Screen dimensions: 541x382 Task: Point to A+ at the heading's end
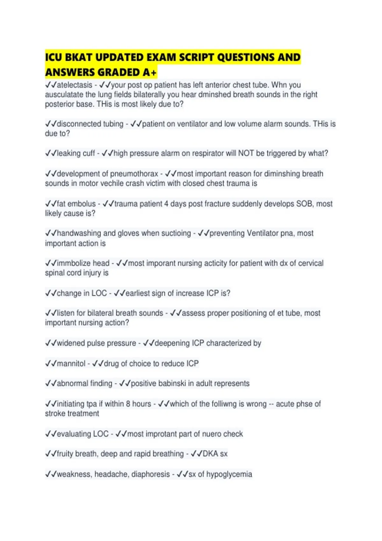click(149, 73)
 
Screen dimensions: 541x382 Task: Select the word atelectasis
click(74, 85)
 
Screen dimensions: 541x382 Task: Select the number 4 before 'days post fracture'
click(166, 204)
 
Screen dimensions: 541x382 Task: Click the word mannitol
click(71, 363)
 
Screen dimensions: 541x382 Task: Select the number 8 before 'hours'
click(128, 404)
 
